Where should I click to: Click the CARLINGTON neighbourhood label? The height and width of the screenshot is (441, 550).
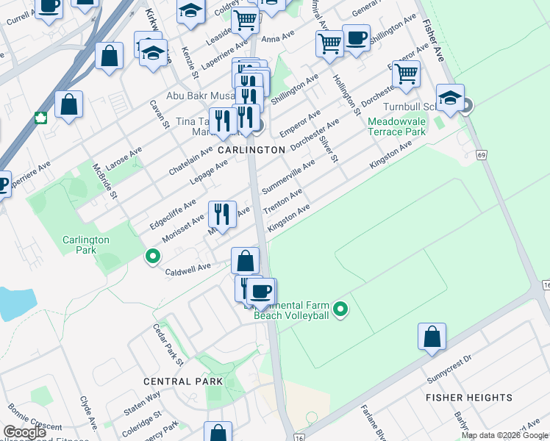(x=251, y=149)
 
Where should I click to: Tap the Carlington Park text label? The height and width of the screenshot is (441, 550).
(x=85, y=245)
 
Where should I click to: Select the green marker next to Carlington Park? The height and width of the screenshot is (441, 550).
(x=153, y=257)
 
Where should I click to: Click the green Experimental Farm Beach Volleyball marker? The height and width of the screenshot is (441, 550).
(x=340, y=310)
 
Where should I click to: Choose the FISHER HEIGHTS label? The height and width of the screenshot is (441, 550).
(x=469, y=397)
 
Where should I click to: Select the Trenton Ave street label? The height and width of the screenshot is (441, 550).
(x=283, y=201)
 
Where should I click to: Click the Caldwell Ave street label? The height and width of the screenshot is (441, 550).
(x=189, y=267)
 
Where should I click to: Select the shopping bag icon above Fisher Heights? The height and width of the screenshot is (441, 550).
(x=432, y=337)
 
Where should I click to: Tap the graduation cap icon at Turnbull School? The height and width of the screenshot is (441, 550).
(x=450, y=98)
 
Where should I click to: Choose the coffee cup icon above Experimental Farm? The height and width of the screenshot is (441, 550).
(x=260, y=290)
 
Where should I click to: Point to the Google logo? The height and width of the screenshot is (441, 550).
(x=25, y=432)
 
